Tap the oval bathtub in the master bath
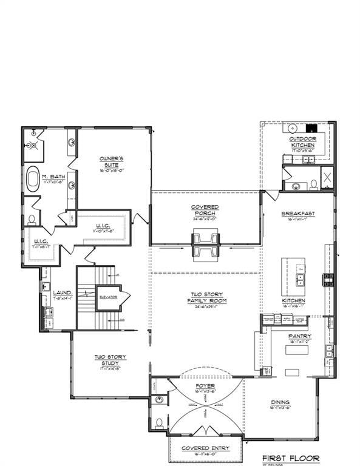(x=32, y=180)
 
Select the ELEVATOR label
(x=107, y=296)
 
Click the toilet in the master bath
(x=32, y=219)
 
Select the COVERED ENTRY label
(x=204, y=448)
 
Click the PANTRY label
(x=300, y=336)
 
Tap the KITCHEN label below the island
(x=293, y=300)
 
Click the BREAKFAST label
(x=297, y=214)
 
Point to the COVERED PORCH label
(x=205, y=210)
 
